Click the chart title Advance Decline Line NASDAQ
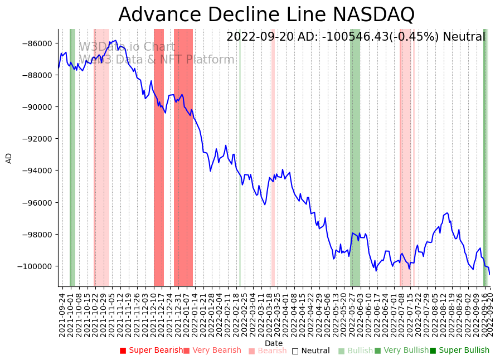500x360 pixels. (266, 14)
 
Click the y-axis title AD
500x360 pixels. (9, 158)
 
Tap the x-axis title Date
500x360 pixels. (274, 343)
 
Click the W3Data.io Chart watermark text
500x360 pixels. (127, 47)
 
